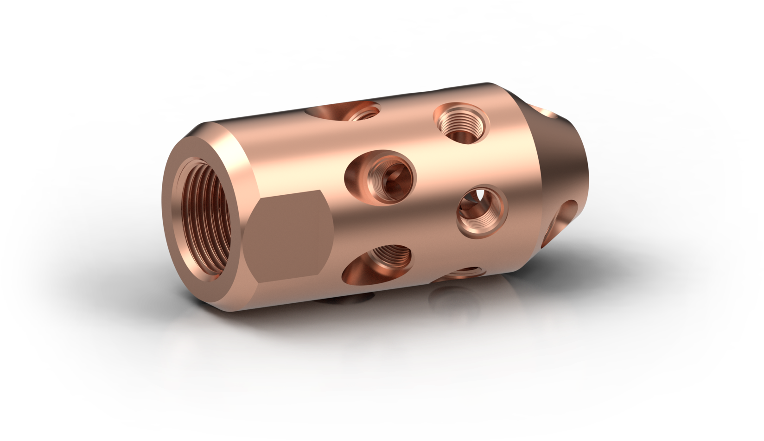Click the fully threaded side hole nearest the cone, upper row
pyautogui.click(x=461, y=123)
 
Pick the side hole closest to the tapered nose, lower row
pyautogui.click(x=482, y=211)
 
